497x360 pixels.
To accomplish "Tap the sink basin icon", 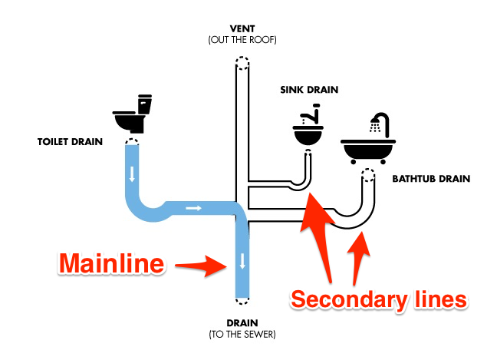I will click(308, 133).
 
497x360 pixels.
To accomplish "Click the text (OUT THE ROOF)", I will click(242, 40).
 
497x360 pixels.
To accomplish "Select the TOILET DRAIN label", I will click(67, 142).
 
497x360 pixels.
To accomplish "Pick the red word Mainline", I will click(112, 265).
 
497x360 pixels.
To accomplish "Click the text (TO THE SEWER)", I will click(242, 335).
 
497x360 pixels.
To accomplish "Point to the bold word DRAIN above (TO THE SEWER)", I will click(242, 322).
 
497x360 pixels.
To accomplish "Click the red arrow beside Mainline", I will click(202, 266).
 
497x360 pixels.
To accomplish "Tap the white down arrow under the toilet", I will click(133, 174).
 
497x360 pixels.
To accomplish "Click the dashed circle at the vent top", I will click(242, 63).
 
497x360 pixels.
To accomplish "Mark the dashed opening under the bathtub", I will click(369, 174).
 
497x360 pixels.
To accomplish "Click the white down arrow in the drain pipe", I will click(242, 260).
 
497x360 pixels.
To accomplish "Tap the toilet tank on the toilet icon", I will click(143, 103).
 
